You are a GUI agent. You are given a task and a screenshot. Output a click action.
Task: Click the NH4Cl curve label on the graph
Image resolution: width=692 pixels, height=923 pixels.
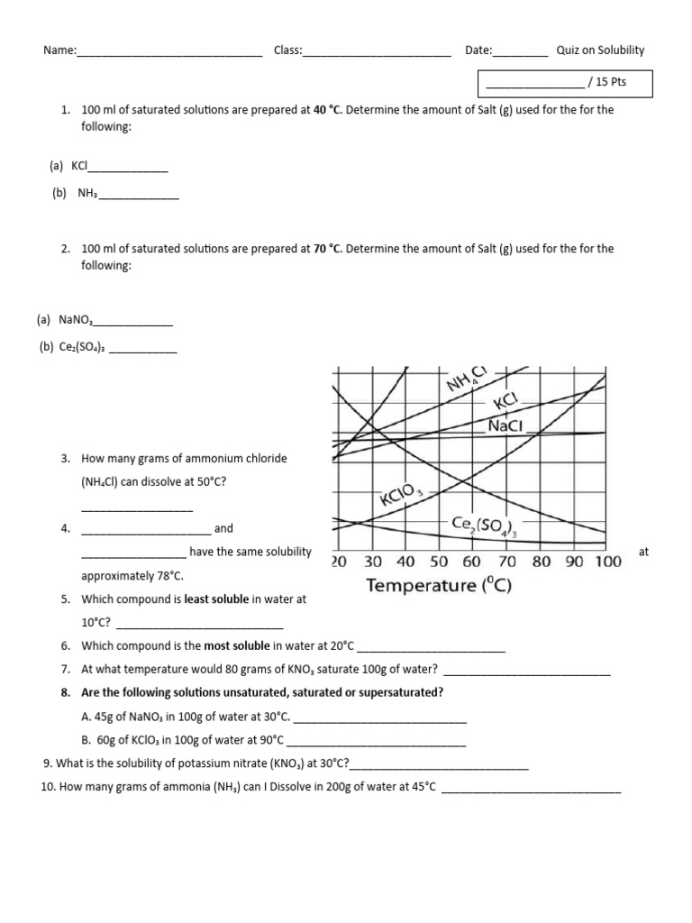click(x=467, y=380)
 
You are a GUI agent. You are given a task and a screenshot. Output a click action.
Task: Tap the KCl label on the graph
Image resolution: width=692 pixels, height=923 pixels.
click(x=505, y=401)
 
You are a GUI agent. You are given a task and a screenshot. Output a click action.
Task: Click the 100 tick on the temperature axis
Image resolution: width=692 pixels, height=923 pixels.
click(x=607, y=561)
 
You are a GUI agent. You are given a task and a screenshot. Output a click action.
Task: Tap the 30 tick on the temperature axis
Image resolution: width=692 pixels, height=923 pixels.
click(x=372, y=561)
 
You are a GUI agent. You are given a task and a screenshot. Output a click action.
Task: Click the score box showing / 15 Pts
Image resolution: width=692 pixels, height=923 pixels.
click(x=564, y=84)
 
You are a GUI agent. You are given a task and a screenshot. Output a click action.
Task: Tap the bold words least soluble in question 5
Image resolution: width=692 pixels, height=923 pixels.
click(x=216, y=599)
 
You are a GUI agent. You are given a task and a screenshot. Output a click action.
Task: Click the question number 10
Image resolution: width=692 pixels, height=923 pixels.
click(x=49, y=787)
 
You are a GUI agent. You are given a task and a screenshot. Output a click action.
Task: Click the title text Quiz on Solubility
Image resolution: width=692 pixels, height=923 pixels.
click(x=600, y=50)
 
